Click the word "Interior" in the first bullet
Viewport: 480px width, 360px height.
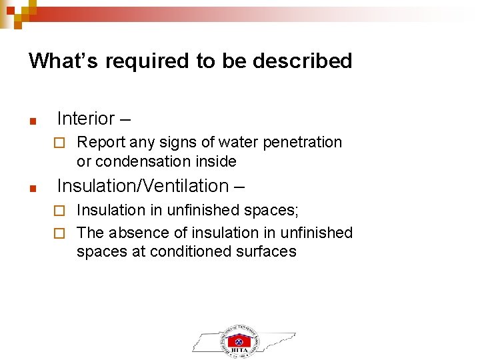86,119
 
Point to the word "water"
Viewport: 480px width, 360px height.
235,142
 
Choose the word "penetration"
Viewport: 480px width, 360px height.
303,142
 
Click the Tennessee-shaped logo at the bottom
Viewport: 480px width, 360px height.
243,339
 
